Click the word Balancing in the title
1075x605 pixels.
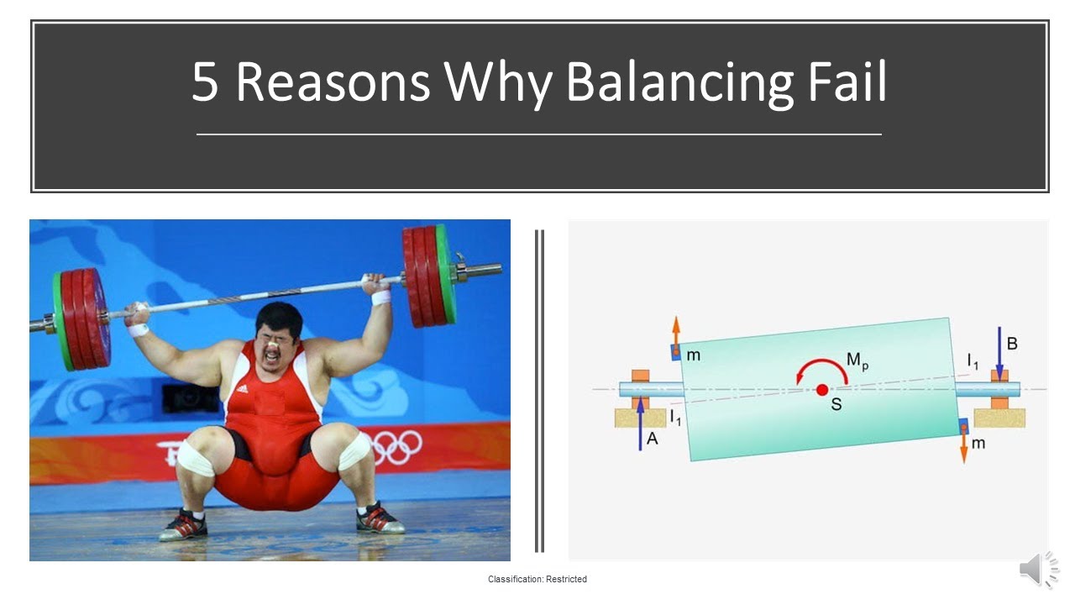click(679, 82)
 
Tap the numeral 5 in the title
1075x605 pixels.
click(205, 82)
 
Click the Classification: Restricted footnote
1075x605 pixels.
click(537, 579)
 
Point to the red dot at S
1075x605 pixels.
click(822, 389)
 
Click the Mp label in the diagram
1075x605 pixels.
click(857, 360)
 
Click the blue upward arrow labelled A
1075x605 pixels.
click(641, 424)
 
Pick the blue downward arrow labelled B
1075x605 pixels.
click(999, 353)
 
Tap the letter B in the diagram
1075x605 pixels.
click(1012, 344)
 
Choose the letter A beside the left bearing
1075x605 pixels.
click(652, 438)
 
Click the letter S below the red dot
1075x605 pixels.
click(836, 405)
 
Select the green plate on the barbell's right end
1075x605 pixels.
click(445, 275)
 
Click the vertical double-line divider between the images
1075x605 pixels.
click(539, 391)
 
